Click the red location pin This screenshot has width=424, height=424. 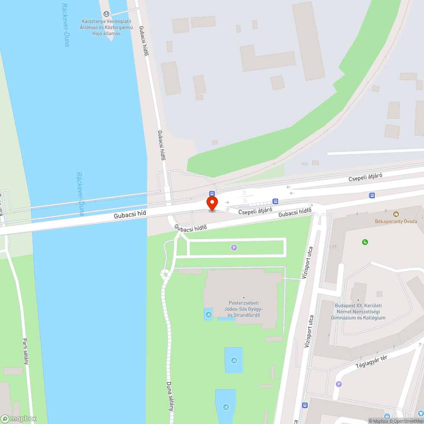(212, 203)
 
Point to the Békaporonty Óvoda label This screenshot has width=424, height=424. (396, 221)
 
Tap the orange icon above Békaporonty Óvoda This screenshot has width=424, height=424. (396, 214)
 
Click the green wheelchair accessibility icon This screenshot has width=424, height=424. (365, 242)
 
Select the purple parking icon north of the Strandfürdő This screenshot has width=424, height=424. (234, 248)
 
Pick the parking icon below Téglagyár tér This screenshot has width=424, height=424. (338, 384)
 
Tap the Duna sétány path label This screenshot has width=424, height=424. (170, 395)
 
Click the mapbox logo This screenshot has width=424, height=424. (19, 418)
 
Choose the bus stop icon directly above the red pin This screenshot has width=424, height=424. (212, 194)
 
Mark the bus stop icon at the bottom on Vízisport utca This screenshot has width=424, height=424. (304, 405)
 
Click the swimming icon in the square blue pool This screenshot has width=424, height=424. (234, 360)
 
